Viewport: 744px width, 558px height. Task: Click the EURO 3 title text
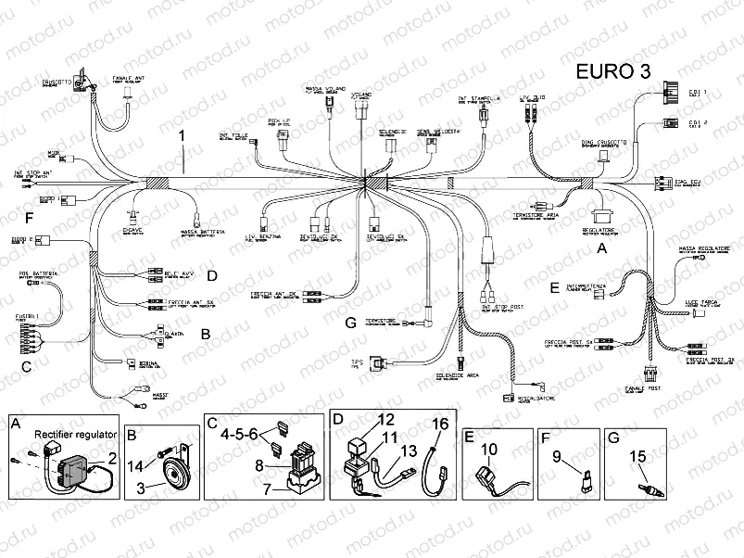pyautogui.click(x=612, y=72)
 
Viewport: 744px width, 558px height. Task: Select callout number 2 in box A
pyautogui.click(x=111, y=456)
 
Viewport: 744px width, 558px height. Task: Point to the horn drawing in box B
pyautogui.click(x=170, y=476)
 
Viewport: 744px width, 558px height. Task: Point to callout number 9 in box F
pyautogui.click(x=558, y=456)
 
